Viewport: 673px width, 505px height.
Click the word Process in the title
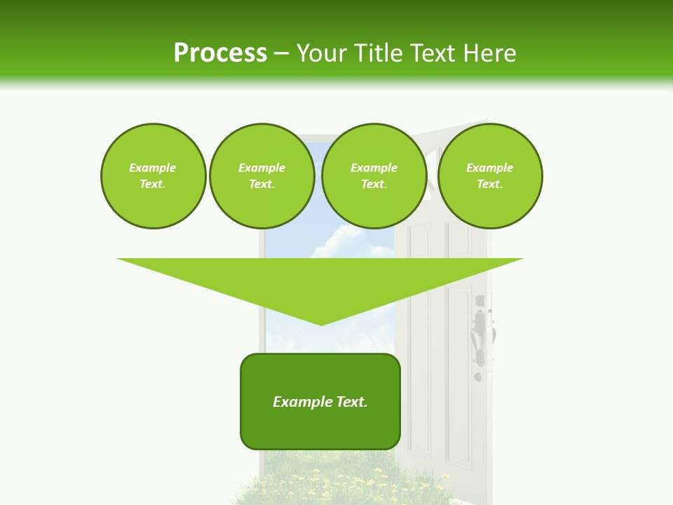pos(220,53)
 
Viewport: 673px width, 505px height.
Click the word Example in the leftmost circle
pos(153,168)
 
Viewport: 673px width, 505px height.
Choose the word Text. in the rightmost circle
pos(489,184)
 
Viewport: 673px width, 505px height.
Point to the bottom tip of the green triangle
pos(322,324)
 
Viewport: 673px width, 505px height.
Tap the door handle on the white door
pos(481,337)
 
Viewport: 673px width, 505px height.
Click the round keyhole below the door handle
pos(478,377)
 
